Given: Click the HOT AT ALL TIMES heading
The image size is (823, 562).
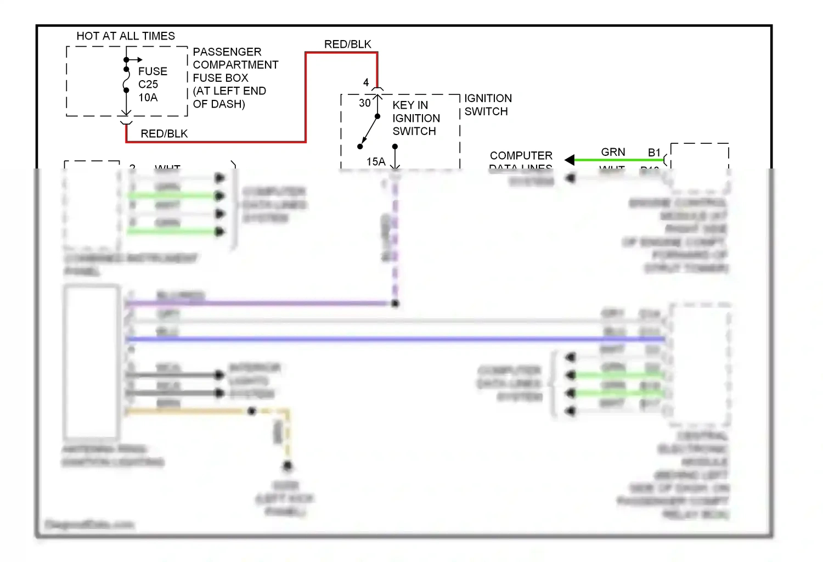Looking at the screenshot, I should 126,36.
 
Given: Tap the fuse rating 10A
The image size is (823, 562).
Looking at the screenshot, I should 148,98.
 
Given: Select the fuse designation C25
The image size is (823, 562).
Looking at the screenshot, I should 148,85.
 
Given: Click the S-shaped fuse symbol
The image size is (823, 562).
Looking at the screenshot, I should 126,80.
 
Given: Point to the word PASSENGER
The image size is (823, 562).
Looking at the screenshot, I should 227,52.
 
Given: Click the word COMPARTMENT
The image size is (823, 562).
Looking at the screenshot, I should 235,65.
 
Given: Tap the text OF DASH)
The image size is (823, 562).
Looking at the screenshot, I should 219,104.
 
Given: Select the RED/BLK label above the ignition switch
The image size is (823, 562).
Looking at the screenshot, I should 347,44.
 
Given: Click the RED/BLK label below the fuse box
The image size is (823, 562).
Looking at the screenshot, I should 164,134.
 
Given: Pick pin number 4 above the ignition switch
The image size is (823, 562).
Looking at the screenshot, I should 366,83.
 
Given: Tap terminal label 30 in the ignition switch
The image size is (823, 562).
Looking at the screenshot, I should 365,103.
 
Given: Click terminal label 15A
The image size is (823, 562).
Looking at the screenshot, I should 376,162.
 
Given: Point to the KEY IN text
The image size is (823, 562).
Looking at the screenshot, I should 410,105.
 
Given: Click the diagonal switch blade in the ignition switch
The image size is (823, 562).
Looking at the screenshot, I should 369,132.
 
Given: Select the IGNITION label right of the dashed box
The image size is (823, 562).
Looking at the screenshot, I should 488,99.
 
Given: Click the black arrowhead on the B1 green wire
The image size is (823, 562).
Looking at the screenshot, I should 570,160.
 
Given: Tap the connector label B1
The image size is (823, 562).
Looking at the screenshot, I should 654,153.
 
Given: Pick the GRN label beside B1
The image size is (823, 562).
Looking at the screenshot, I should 613,152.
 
